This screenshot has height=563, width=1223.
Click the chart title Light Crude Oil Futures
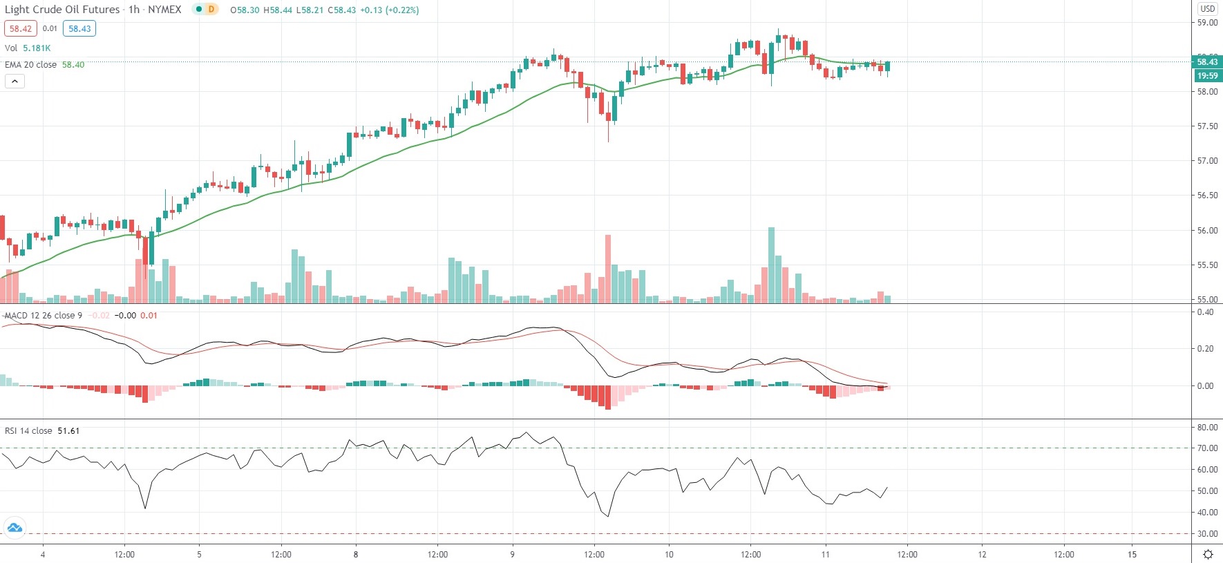[62, 10]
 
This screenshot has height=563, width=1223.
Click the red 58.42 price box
[20, 28]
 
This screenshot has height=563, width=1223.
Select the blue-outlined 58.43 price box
[79, 28]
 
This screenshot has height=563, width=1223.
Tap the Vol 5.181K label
[28, 48]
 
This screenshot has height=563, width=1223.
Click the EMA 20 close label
[31, 64]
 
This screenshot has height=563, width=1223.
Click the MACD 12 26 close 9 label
[44, 316]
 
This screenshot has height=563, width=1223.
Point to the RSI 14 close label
[28, 430]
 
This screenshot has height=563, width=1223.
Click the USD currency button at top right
[1207, 9]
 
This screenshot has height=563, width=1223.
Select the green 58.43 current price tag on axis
[1207, 62]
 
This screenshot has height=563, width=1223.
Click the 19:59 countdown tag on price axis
[1207, 76]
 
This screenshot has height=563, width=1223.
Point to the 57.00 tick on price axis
[1207, 161]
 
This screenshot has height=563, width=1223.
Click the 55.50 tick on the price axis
[1207, 265]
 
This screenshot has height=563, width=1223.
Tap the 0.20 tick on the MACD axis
[1205, 349]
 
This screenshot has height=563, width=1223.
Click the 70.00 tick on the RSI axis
[1207, 448]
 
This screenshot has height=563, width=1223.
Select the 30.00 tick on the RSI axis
[1207, 534]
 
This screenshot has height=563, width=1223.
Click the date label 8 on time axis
[356, 554]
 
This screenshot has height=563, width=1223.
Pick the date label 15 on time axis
[1132, 554]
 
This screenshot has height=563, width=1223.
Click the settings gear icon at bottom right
[1208, 554]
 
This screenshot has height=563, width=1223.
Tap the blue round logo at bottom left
[15, 528]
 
